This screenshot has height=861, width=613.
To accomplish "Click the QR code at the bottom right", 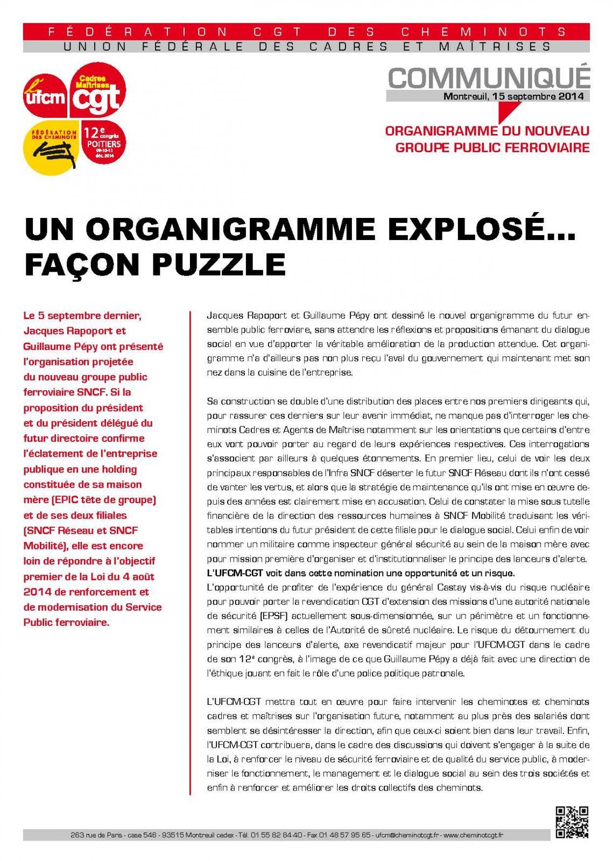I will pyautogui.click(x=572, y=823).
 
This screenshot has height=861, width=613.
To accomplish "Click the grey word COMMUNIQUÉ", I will pyautogui.click(x=489, y=78).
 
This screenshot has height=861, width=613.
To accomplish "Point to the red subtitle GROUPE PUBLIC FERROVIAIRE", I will pyautogui.click(x=492, y=146).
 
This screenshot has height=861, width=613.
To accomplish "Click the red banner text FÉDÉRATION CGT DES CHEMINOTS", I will pyautogui.click(x=307, y=32).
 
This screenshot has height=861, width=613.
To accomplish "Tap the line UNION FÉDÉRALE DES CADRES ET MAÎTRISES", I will pyautogui.click(x=307, y=47).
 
